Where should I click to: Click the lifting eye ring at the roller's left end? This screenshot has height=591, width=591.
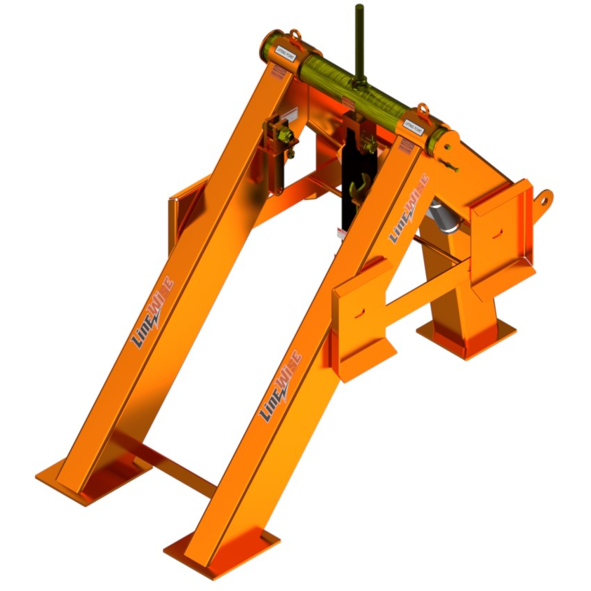(x=295, y=35)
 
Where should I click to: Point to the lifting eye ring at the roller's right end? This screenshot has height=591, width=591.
(x=423, y=111)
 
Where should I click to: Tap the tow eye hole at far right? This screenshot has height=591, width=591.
(x=545, y=199)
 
